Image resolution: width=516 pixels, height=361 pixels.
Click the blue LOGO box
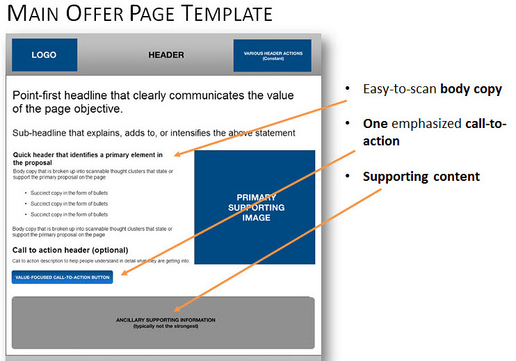45,55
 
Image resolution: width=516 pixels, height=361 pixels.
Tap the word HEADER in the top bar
166,55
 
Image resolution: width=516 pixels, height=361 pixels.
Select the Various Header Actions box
272,55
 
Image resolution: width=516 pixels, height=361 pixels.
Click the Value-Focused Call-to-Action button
62,277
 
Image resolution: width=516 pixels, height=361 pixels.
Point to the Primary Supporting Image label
257,207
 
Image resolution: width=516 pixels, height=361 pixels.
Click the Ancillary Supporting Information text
166,323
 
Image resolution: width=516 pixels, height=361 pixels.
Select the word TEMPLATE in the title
227,13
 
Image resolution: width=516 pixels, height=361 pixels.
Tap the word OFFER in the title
95,13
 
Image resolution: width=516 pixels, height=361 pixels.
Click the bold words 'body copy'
471,89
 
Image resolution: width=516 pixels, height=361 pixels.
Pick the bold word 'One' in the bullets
375,124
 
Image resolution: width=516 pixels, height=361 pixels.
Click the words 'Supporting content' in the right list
421,177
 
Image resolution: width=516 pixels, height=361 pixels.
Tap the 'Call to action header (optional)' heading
70,250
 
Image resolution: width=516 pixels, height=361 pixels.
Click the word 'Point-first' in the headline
37,95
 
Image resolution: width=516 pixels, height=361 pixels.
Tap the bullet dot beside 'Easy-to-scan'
348,88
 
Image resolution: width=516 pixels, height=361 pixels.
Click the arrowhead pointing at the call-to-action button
124,272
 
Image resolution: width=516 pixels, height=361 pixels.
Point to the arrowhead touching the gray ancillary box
177,308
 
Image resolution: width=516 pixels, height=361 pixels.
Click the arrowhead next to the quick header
178,154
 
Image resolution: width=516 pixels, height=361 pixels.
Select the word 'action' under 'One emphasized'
381,141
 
